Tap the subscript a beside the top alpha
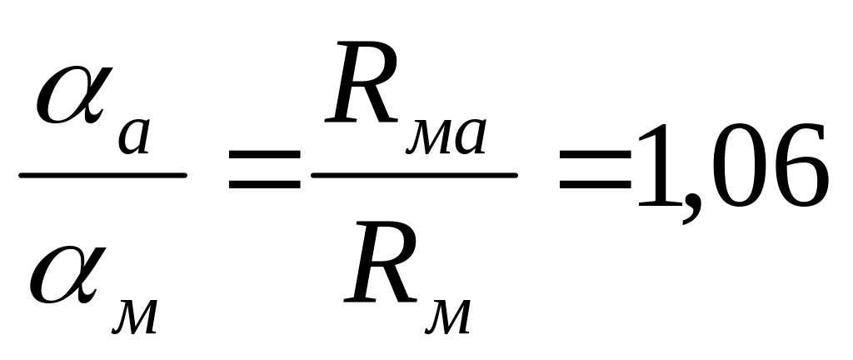134,137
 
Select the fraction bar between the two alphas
102,176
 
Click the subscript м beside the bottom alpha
136,317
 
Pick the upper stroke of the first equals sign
264,158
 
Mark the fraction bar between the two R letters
413,176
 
